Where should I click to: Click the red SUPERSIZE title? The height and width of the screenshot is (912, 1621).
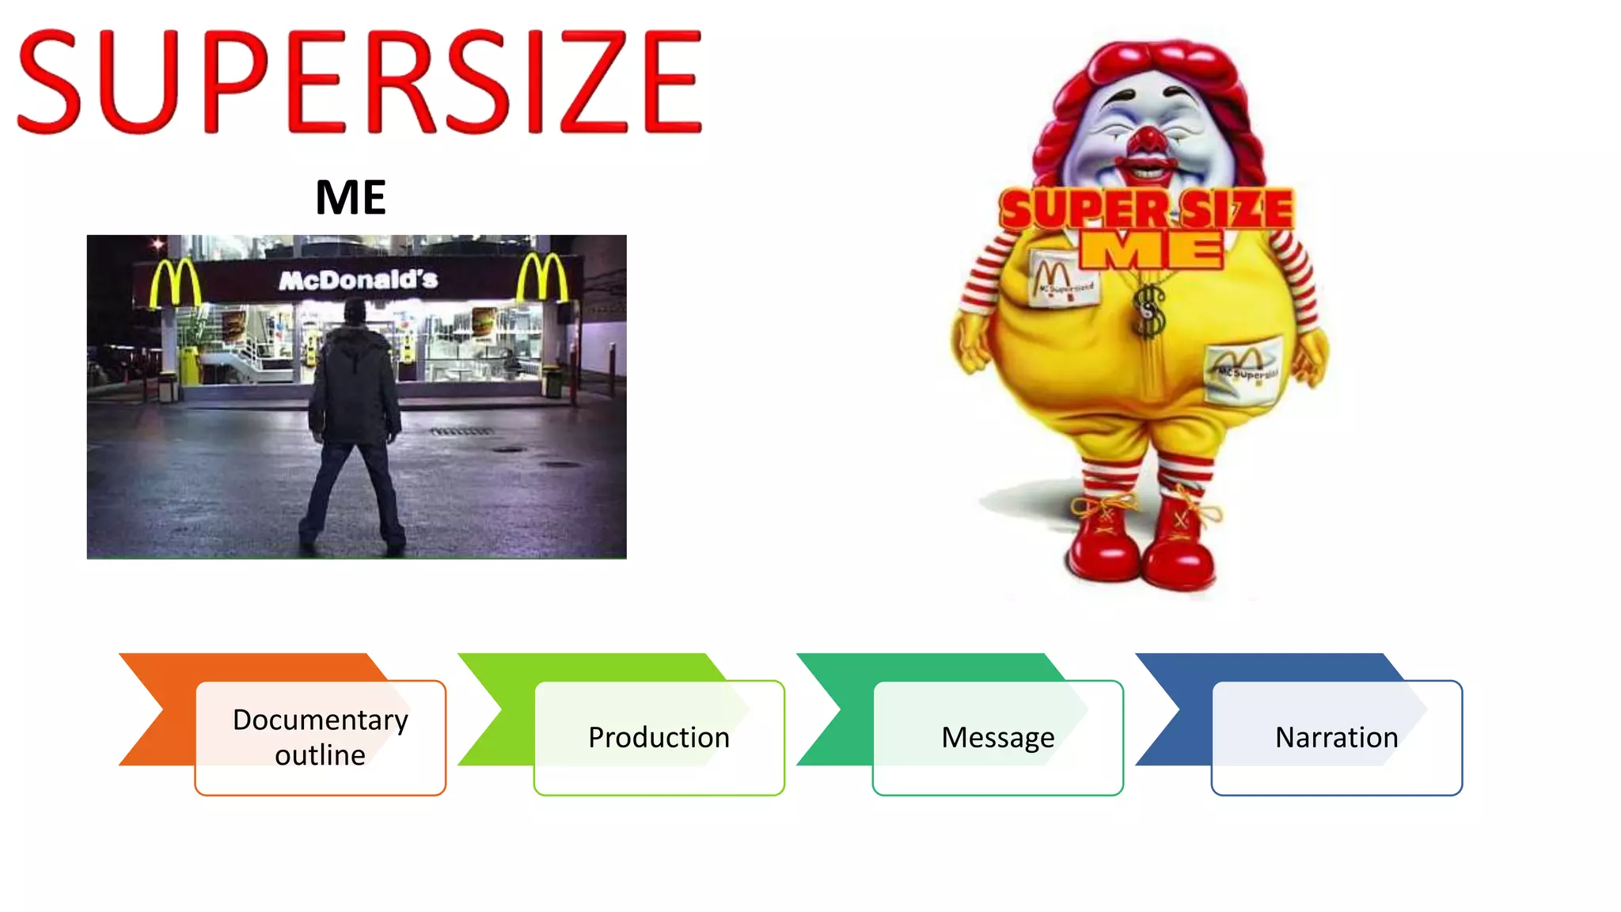[359, 81]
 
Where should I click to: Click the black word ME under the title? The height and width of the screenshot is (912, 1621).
[351, 197]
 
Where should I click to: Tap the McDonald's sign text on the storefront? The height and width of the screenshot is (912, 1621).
[359, 279]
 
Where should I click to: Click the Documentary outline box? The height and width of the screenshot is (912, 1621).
[321, 737]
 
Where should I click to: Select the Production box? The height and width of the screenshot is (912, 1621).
[659, 737]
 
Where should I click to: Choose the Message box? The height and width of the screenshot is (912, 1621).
[997, 737]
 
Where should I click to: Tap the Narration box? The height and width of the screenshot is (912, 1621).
[1336, 737]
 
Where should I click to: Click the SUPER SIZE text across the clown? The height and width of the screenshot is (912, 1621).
[1146, 209]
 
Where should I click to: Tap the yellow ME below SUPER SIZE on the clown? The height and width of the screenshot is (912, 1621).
[1152, 250]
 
